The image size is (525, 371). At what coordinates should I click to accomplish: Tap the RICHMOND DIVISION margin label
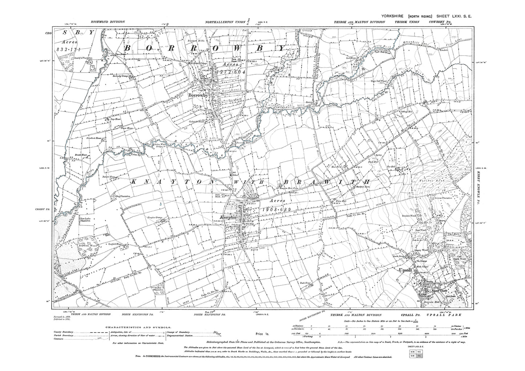[x=108, y=22]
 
